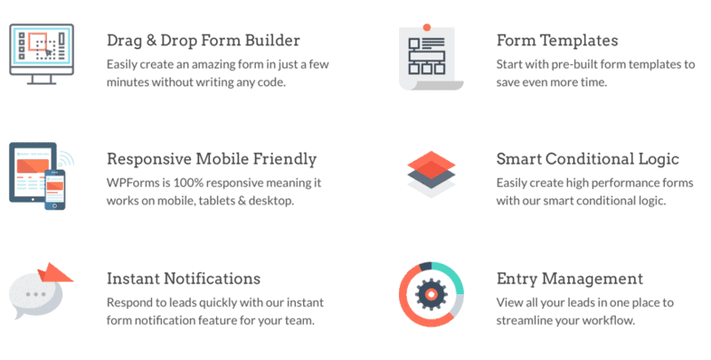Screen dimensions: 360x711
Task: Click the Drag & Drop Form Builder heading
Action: pos(203,40)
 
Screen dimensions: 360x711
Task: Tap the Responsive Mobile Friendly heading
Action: pos(212,159)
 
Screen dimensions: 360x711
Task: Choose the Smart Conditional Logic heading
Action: pos(587,159)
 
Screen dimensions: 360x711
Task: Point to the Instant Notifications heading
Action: pos(183,278)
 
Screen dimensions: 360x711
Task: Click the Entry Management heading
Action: pos(570,278)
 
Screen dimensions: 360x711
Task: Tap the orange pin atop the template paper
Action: pos(427,28)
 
